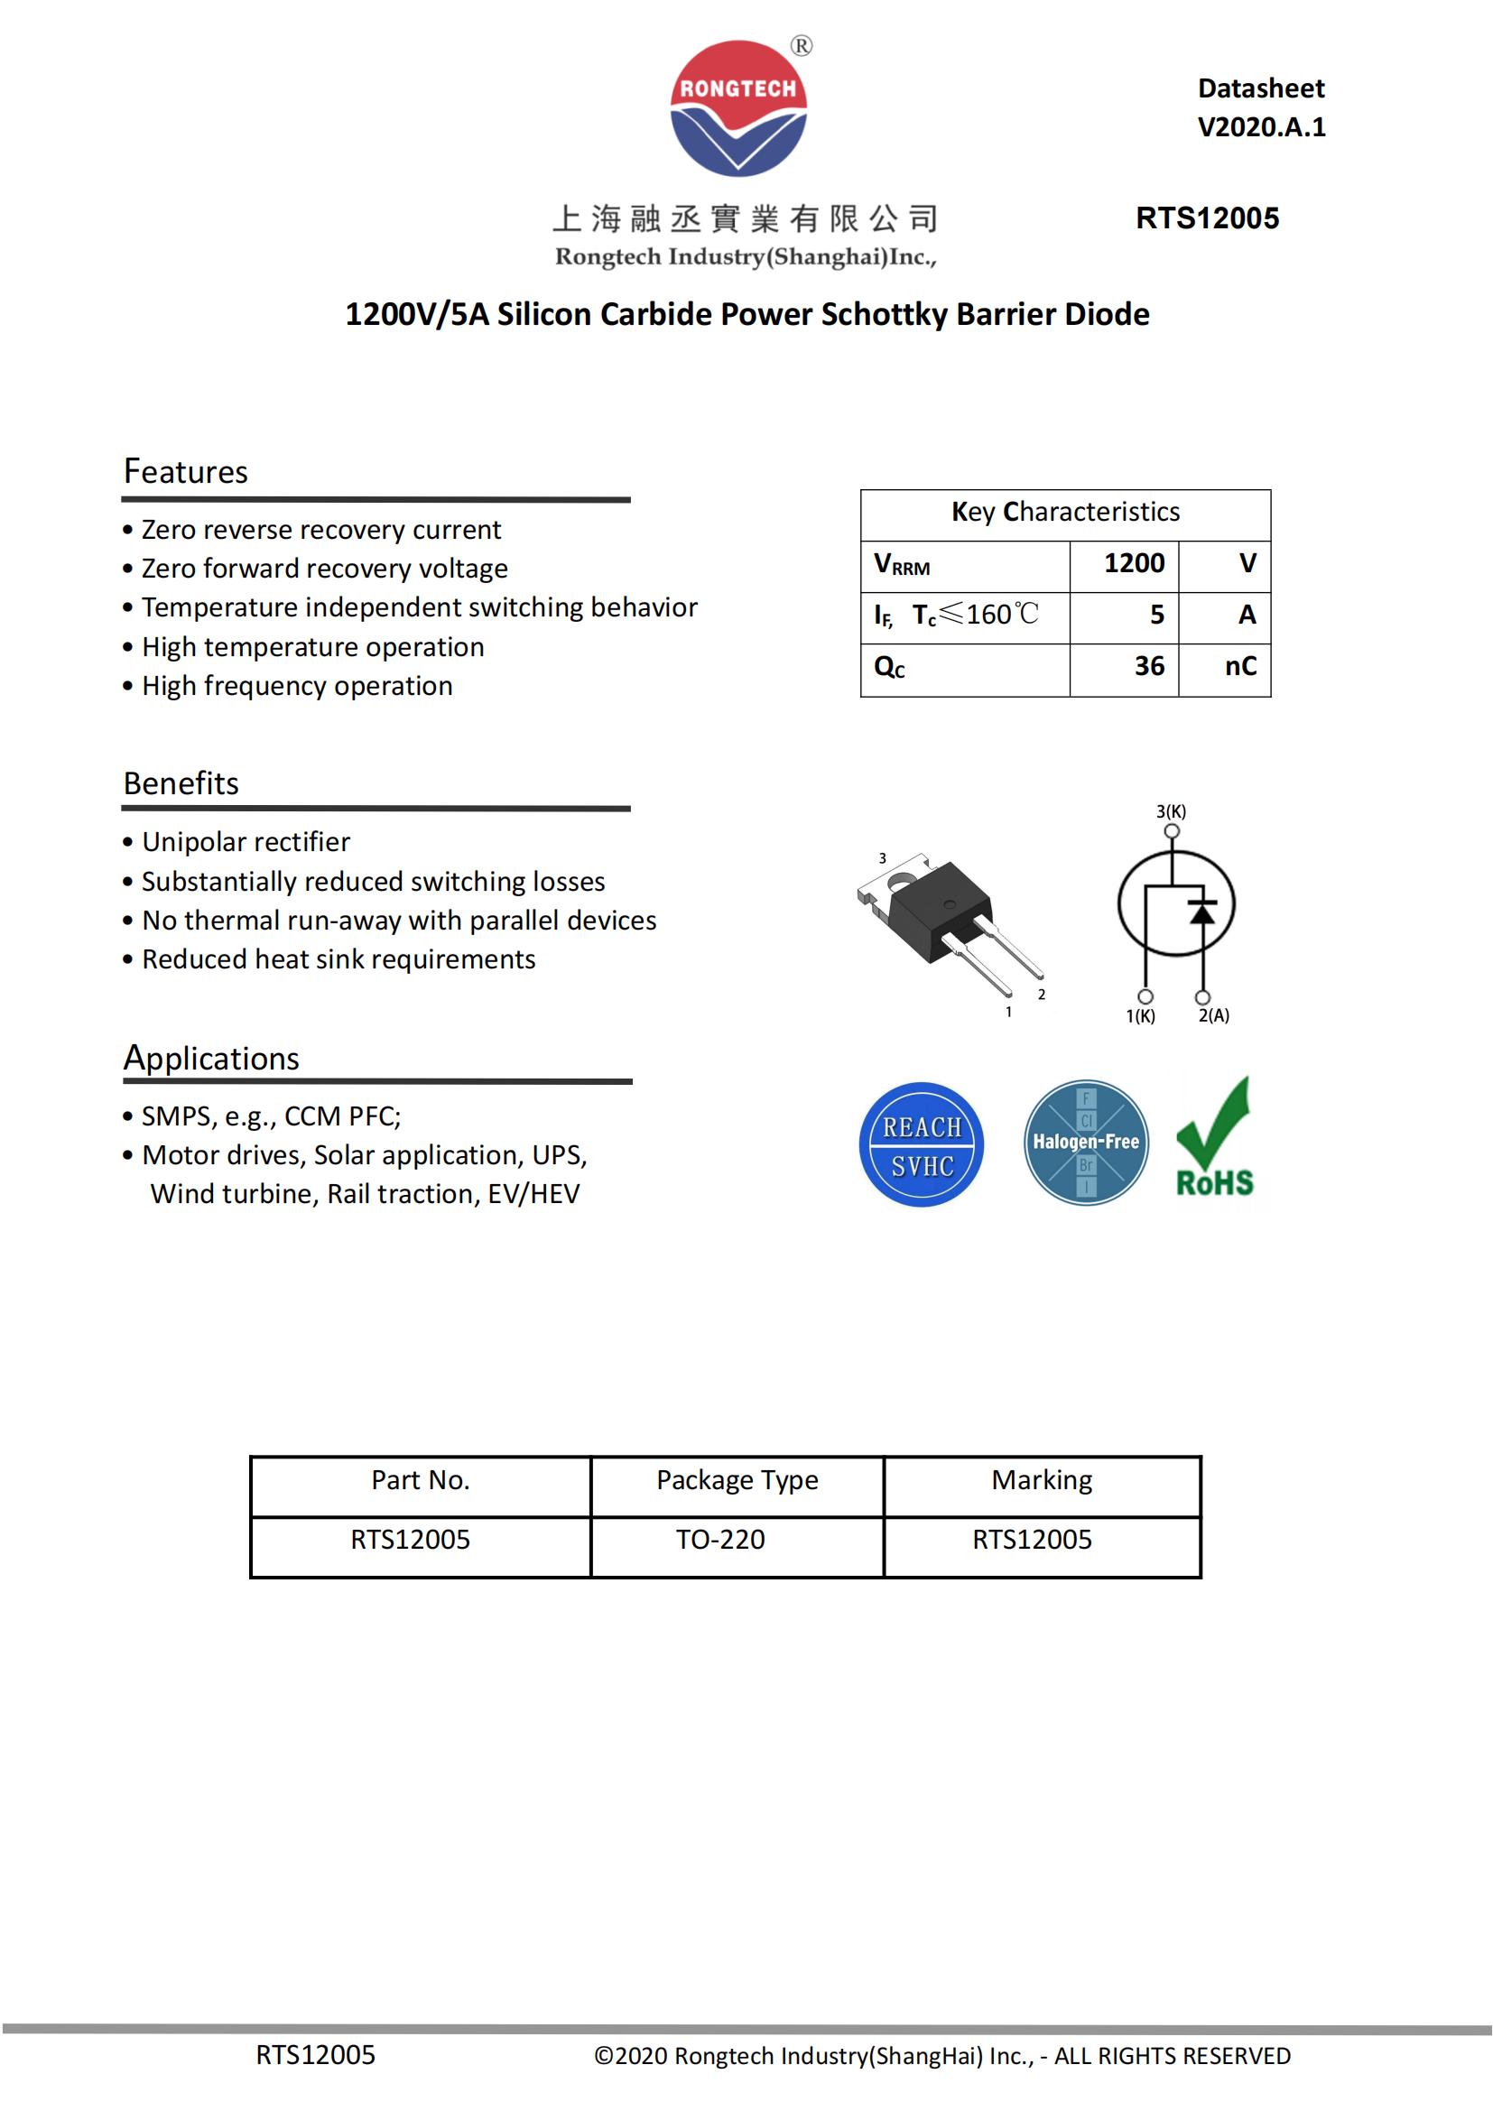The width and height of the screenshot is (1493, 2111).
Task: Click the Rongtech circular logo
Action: coord(738,108)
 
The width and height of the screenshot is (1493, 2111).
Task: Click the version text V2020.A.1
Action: coord(1260,127)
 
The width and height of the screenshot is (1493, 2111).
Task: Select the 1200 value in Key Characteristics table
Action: coord(1134,562)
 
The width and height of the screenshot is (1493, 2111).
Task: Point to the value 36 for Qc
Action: coord(1148,666)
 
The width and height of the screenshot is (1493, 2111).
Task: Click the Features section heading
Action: coord(186,472)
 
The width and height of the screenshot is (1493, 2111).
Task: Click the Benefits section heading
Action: coord(181,783)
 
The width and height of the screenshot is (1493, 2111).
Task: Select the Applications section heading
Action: coord(211,1059)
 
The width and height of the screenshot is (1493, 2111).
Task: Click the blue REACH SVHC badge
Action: coord(922,1144)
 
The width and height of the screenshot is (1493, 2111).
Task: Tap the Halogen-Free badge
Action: coord(1086,1143)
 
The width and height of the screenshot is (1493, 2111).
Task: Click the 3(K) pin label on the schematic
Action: coord(1171,812)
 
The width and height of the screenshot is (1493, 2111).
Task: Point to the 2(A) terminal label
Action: coord(1213,1016)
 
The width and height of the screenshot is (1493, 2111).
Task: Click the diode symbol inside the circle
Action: coord(1201,912)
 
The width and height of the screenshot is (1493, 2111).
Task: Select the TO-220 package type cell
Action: coord(719,1539)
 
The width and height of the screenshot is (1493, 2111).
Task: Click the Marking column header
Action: coord(1042,1479)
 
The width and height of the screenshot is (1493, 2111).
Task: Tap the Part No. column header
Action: coord(420,1479)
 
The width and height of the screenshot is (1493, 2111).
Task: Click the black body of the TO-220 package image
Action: coord(938,910)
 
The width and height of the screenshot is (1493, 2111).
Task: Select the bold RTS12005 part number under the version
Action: coord(1206,218)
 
